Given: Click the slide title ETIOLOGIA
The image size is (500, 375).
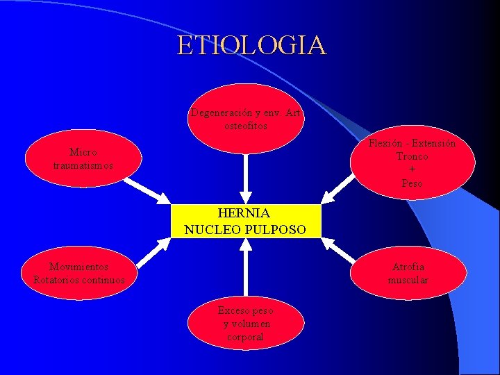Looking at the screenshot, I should [x=251, y=45].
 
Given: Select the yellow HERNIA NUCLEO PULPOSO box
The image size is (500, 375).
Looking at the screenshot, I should [x=245, y=221].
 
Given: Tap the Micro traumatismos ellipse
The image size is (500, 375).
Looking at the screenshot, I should [x=83, y=159].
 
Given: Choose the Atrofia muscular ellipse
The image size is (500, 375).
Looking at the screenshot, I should [x=408, y=273].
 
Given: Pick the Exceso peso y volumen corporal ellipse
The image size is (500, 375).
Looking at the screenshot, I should [x=245, y=324].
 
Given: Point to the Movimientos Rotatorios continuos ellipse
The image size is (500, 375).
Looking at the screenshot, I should [x=79, y=273].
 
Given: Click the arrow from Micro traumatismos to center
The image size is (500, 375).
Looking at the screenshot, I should [x=148, y=190].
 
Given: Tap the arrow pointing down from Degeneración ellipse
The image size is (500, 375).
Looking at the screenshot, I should [x=244, y=178].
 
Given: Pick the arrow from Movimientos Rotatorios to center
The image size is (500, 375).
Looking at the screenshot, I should [x=153, y=253].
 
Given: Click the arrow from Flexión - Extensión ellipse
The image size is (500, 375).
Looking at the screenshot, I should [x=340, y=190].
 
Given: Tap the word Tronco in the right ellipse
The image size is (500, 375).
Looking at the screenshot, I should [x=412, y=156].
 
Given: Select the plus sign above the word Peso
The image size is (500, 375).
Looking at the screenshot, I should [x=412, y=169].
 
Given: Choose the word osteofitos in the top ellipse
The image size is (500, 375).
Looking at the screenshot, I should [x=244, y=126].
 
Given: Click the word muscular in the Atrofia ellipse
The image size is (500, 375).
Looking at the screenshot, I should [x=408, y=280].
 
